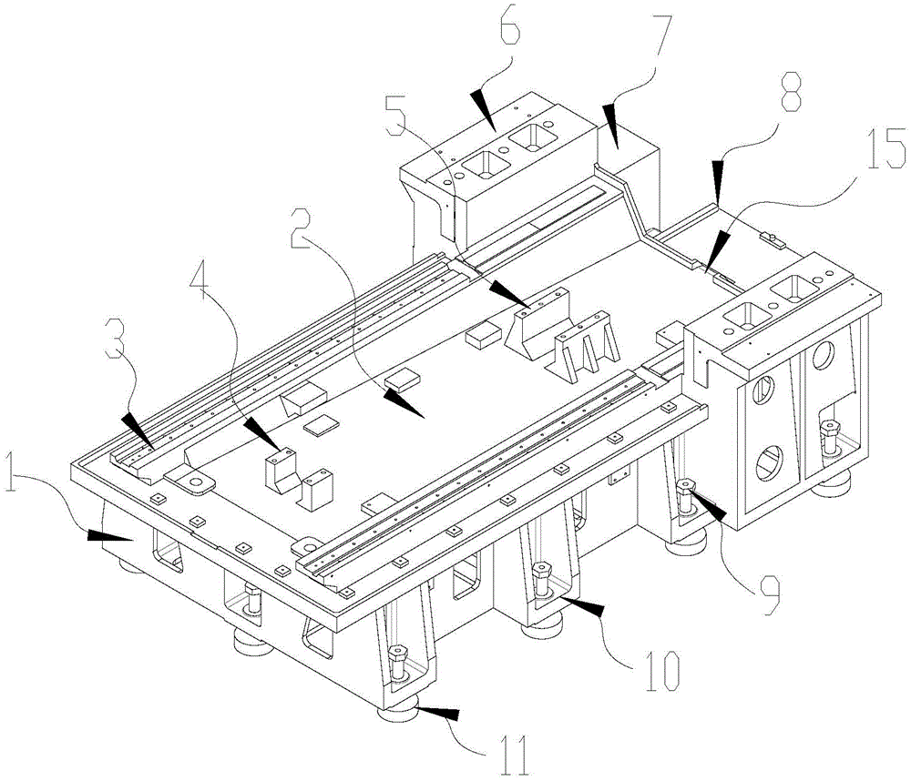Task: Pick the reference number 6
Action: [x=509, y=34]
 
